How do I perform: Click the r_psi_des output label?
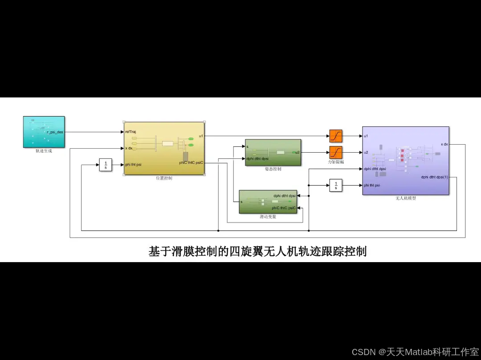pos(55,132)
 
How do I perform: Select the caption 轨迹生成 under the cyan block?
pos(44,151)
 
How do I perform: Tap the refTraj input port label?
pos(130,132)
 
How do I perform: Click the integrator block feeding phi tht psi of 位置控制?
pos(106,165)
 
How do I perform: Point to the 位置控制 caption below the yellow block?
pos(163,178)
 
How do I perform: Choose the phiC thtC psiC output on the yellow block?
pos(191,162)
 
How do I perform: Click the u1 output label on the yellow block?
pos(201,136)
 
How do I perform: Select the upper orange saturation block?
pos(335,136)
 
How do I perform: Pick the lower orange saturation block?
pos(335,152)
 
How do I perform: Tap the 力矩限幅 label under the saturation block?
pos(336,162)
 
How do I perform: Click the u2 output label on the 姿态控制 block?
pos(297,152)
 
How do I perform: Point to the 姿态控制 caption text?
pos(273,169)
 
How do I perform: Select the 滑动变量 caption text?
pos(268,217)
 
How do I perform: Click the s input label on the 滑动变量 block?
pos(241,202)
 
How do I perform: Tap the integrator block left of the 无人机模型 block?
pos(336,185)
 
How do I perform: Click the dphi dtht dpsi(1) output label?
pos(434,177)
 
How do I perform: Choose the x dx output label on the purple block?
pos(444,144)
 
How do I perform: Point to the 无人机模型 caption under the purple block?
pos(406,198)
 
